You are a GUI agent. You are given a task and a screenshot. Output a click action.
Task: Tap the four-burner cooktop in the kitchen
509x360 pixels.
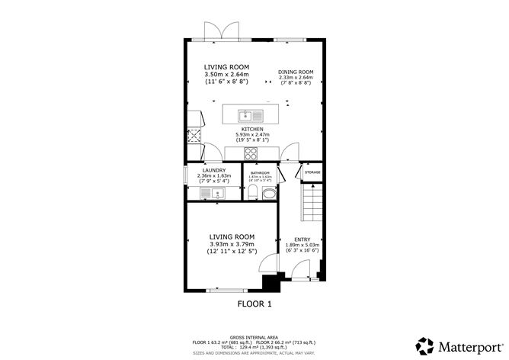pyautogui.click(x=252, y=153)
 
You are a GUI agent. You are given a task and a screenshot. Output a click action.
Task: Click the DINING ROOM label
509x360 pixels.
pyautogui.click(x=296, y=72)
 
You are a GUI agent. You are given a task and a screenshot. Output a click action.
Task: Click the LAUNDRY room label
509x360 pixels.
pyautogui.click(x=213, y=170)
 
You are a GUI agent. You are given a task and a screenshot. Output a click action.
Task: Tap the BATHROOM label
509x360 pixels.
pyautogui.click(x=261, y=173)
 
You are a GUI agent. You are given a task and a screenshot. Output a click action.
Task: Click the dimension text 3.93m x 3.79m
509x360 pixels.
pyautogui.click(x=232, y=245)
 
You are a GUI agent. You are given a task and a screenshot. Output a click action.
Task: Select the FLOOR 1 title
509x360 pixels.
pyautogui.click(x=254, y=304)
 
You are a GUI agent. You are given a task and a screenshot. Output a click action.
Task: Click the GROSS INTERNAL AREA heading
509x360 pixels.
pyautogui.click(x=254, y=336)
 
